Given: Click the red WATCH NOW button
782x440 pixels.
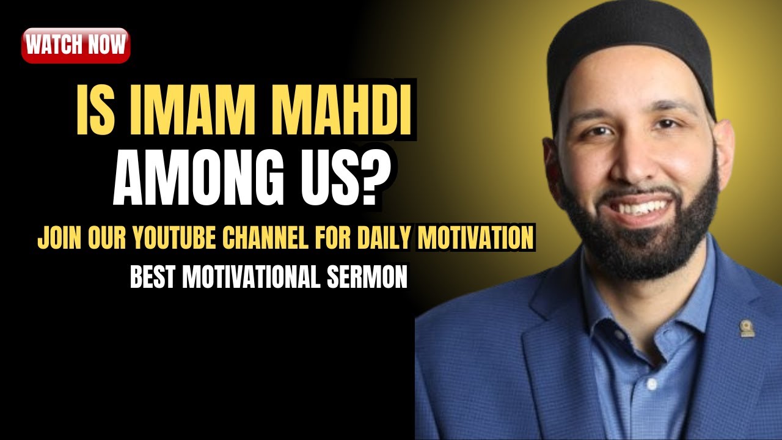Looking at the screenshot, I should point(76,45).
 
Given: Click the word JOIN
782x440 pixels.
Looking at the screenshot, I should point(56,239).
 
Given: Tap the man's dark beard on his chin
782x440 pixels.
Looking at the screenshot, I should point(638,244).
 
